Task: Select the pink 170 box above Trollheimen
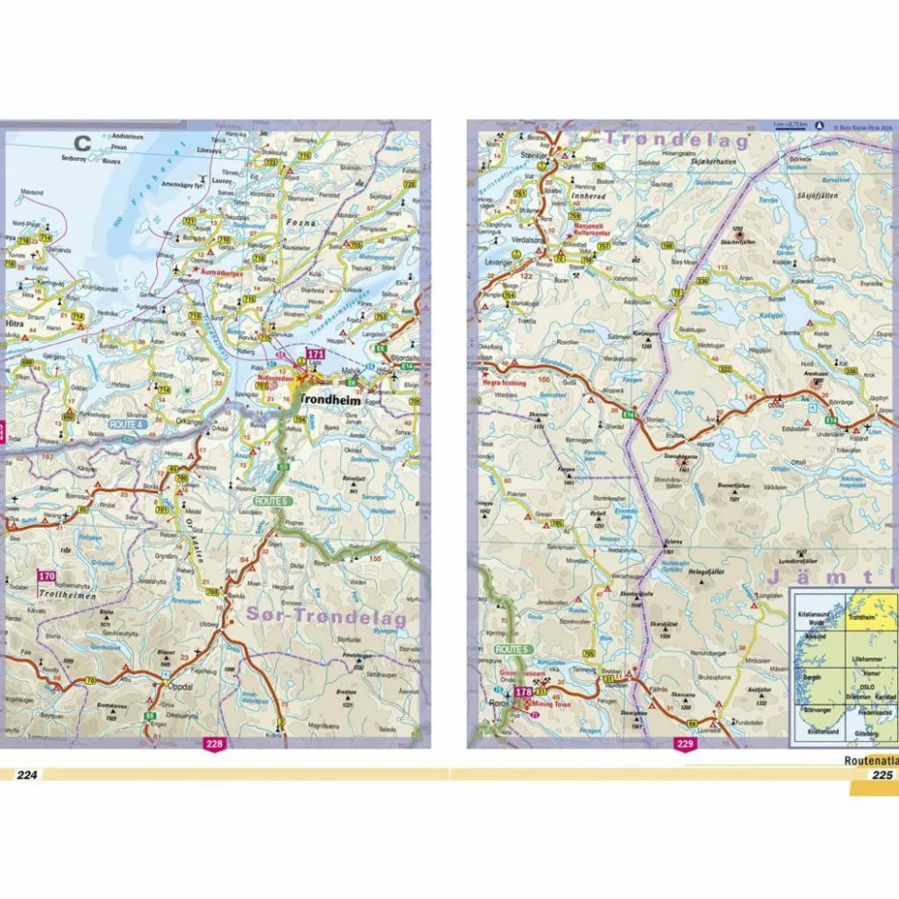46,576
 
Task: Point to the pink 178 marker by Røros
523,692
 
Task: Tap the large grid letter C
83,145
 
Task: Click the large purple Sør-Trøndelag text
326,616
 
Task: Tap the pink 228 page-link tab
214,745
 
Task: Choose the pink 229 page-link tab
685,745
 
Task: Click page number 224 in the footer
26,774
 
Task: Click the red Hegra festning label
506,381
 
